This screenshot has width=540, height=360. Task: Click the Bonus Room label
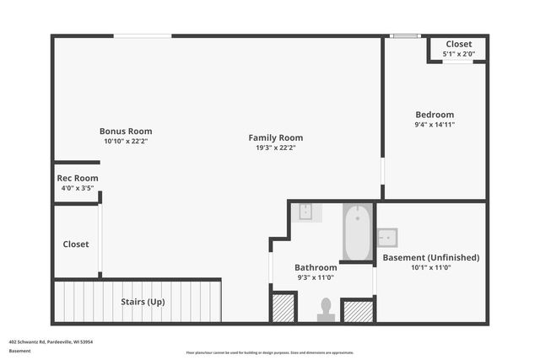126,131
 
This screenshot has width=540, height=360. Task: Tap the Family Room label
275,137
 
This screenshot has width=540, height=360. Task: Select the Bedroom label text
435,115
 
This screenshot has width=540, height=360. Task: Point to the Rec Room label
78,178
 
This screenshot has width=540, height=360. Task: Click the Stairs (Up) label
143,302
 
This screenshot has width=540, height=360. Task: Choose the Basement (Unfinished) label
431,257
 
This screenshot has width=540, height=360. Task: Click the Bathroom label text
316,267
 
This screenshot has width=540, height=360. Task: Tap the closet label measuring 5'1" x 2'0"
459,44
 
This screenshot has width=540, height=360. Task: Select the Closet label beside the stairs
76,244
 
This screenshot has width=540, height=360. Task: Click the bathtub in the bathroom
359,233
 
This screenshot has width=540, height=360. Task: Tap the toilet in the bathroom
326,311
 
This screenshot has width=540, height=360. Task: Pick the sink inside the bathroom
305,212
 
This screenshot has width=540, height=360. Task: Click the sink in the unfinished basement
387,237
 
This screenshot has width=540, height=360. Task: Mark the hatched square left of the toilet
283,308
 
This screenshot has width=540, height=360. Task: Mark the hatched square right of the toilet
359,311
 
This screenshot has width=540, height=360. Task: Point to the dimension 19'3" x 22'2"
275,148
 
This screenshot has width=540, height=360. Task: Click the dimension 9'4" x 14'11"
435,125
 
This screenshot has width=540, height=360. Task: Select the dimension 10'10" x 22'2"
126,141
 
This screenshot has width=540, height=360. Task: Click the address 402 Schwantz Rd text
51,341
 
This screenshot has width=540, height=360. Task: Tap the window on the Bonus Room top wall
143,35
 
